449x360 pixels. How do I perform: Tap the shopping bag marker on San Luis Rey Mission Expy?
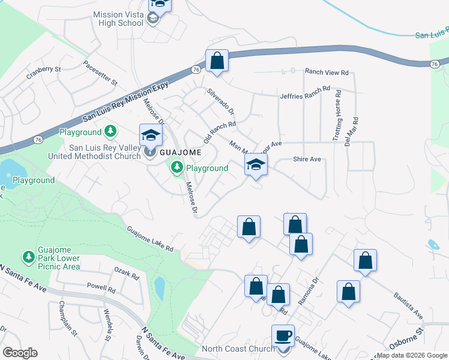point(217,61)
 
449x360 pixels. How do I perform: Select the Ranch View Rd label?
point(327,72)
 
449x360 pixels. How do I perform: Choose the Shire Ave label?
point(307,159)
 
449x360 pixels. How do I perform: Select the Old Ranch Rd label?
point(219,132)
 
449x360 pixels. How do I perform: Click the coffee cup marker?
point(283,337)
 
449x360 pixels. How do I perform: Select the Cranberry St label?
point(44,73)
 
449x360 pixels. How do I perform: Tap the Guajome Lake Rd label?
point(150,239)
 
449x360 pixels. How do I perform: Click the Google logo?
point(20,353)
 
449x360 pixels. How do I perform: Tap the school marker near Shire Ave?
point(256,166)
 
